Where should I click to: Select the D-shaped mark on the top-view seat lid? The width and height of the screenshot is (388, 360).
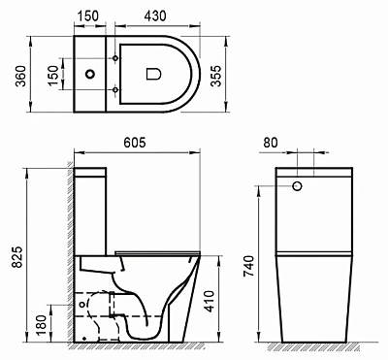153,73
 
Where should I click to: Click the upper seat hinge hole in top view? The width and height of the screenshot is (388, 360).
117,57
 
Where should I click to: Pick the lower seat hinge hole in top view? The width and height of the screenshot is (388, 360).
117,89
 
